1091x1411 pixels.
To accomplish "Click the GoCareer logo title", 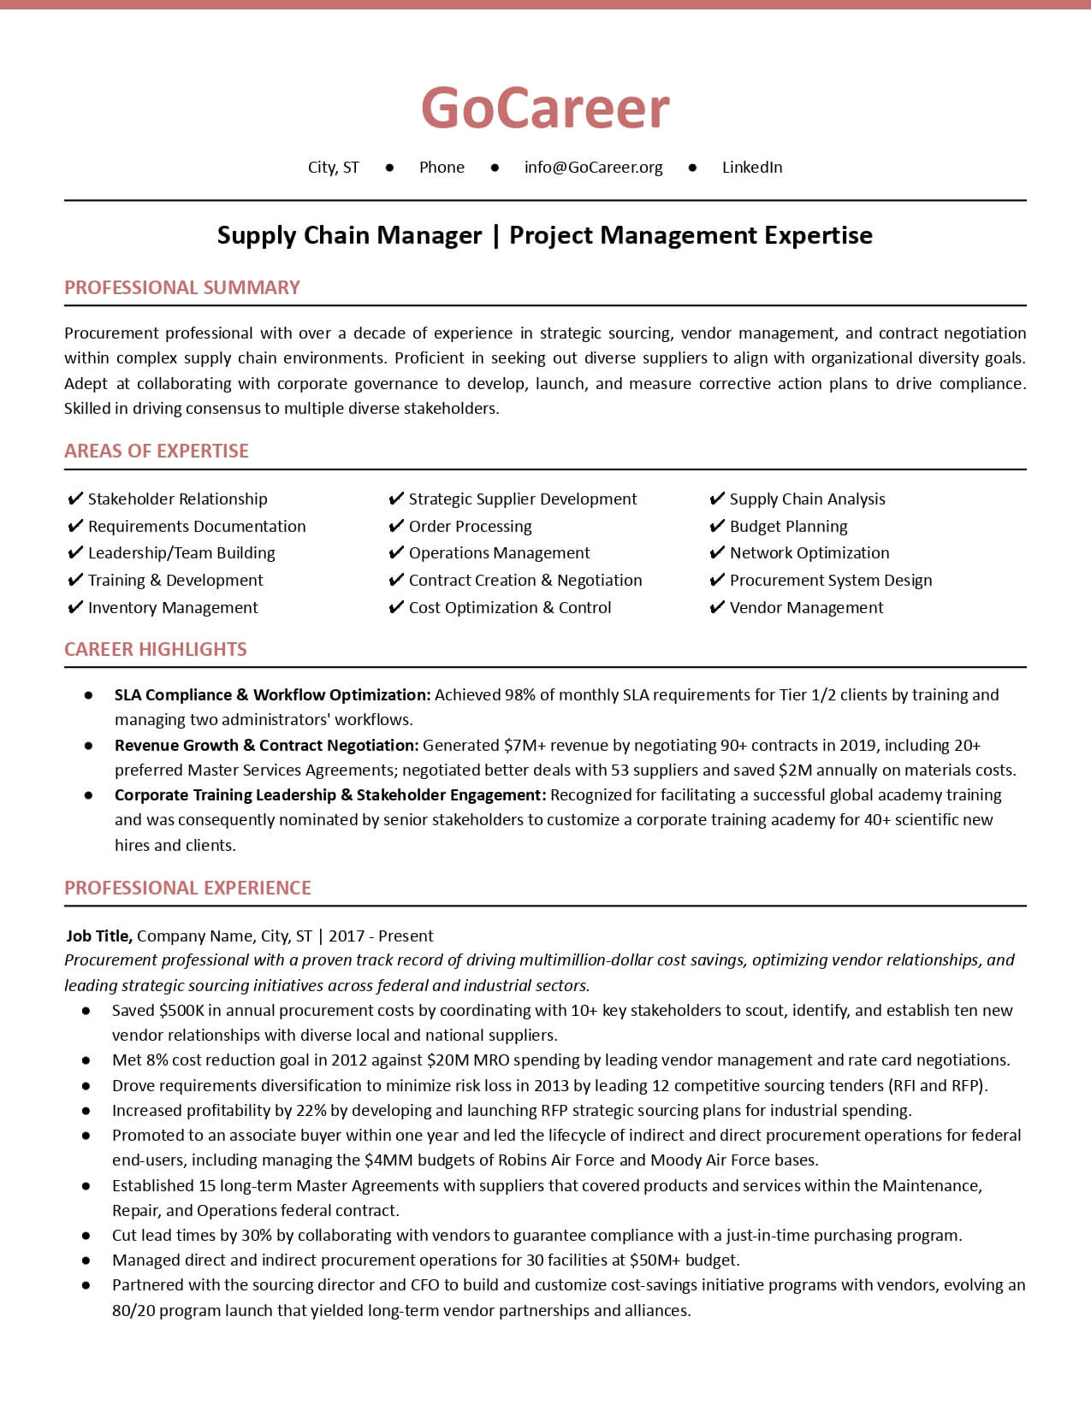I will (x=545, y=109).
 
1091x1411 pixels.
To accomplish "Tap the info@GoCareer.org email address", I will (x=593, y=168).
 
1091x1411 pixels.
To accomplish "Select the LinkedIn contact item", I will (x=751, y=168).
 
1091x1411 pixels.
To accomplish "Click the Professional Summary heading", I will (x=182, y=287).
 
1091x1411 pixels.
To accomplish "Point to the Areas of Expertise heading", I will (x=157, y=451).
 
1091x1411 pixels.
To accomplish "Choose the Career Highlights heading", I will (x=156, y=649).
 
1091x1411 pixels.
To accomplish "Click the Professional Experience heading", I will (x=187, y=888).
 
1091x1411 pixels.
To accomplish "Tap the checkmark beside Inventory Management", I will (x=75, y=608).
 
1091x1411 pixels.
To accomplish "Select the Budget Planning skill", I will (x=788, y=527).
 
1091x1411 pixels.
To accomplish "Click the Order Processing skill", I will (x=470, y=527).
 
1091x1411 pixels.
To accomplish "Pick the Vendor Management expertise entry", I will (x=806, y=608).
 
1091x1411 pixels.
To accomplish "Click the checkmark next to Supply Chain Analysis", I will (x=717, y=499).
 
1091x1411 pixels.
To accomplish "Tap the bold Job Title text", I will (x=99, y=936).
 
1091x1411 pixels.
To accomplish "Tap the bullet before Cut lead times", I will (x=86, y=1236).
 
